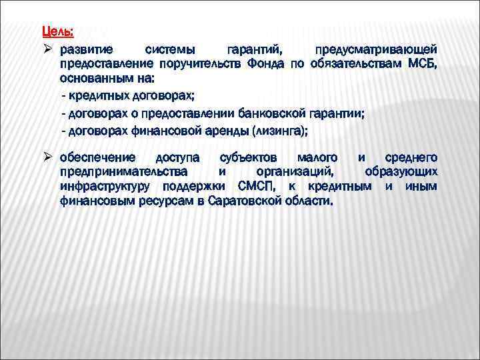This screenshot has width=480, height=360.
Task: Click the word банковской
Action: (x=269, y=113)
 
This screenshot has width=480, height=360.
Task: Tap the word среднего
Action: (x=411, y=157)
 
